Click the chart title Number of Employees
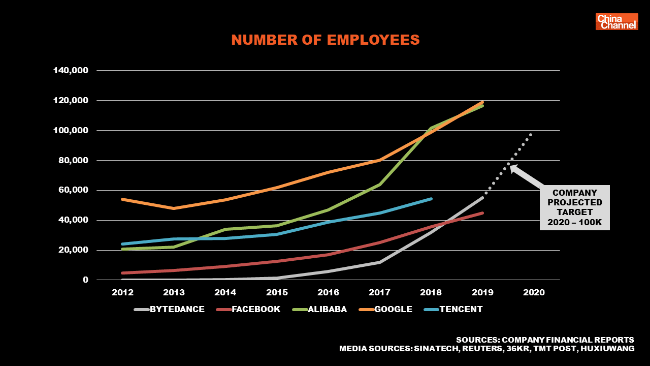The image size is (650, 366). (x=326, y=40)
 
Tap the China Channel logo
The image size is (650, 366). (x=616, y=22)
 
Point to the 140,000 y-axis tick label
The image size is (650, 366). (x=71, y=70)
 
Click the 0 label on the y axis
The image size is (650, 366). (x=85, y=280)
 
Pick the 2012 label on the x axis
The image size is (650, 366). (x=122, y=293)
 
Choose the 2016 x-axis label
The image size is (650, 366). (x=328, y=293)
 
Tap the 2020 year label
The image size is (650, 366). (x=534, y=293)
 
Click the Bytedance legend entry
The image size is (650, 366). (x=170, y=309)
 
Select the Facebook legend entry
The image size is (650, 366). (x=248, y=309)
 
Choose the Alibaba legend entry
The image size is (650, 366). (x=319, y=309)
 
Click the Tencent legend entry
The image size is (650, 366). (x=452, y=309)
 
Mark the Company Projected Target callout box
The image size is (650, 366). (x=574, y=207)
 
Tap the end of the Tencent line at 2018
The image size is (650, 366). (x=431, y=199)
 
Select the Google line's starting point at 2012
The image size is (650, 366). (x=122, y=199)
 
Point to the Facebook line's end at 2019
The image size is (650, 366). (x=482, y=213)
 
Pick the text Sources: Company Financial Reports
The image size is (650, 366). (x=545, y=340)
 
